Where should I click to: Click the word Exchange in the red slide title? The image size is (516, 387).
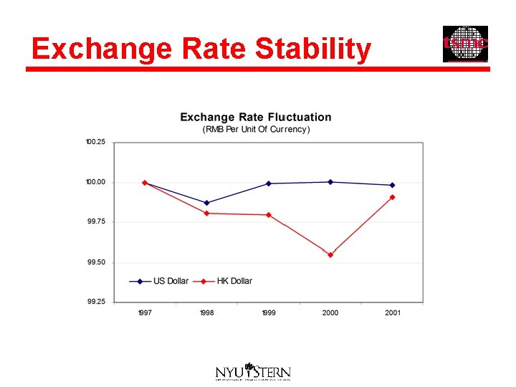pos(101,49)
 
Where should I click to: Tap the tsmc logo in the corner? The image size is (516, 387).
pos(465,44)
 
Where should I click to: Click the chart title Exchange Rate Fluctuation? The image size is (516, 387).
pos(256,117)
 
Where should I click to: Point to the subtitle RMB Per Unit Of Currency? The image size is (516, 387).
pos(256,130)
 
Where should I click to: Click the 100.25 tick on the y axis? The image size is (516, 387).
pos(95,142)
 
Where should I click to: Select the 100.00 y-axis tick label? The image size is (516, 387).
pos(95,182)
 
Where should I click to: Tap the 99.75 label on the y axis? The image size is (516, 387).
pos(96,222)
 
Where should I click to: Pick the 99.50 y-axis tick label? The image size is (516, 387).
pos(96,262)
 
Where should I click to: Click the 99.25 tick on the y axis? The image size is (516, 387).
pos(96,302)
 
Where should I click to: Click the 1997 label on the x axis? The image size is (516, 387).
pos(145,313)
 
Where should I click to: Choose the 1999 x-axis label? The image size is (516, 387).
pos(269,313)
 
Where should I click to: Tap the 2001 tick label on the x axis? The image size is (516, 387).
pos(392,313)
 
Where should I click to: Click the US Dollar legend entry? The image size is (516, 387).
pos(171,281)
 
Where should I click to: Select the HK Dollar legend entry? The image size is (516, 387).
pos(234,281)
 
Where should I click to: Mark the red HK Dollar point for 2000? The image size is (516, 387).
pos(330,254)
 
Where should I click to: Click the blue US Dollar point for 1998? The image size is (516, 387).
pos(207,203)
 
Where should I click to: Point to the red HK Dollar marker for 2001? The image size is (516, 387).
pos(392,197)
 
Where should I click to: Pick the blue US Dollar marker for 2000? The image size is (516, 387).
pos(330,182)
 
